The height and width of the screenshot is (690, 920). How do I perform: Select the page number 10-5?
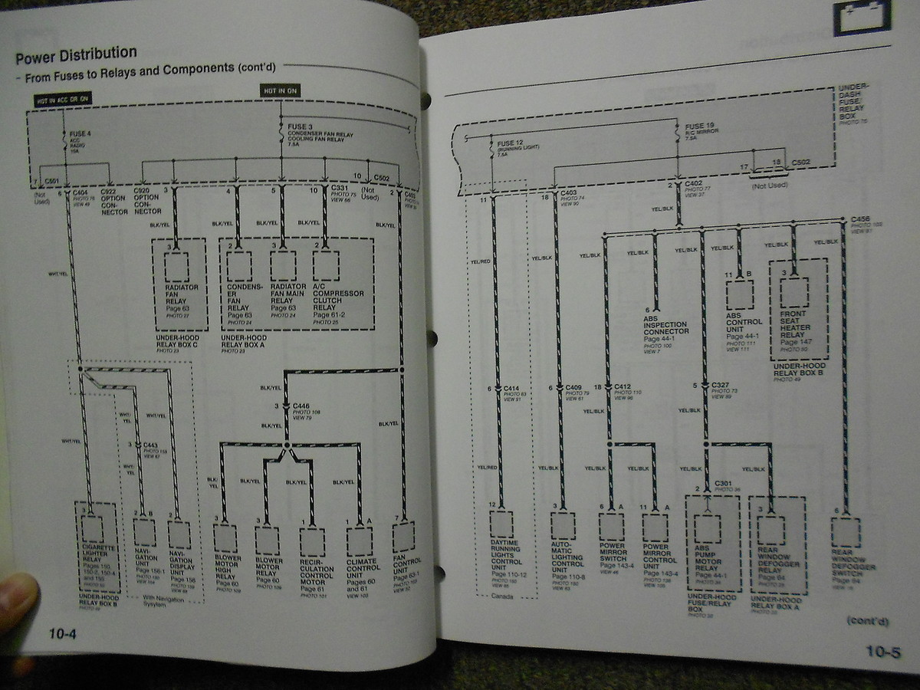(x=882, y=652)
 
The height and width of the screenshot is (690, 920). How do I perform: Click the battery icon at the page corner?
(x=863, y=17)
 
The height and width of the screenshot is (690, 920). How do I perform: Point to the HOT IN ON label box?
(x=281, y=90)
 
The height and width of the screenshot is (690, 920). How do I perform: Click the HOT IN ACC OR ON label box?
(x=63, y=99)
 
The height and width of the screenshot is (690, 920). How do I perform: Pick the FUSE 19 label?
(x=695, y=126)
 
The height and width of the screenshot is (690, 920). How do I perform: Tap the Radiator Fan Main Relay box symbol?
(x=282, y=265)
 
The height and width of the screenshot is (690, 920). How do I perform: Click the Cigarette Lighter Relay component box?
(x=92, y=530)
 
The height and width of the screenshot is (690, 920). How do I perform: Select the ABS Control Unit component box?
(x=739, y=294)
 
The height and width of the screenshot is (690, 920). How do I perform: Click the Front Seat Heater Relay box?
(x=794, y=292)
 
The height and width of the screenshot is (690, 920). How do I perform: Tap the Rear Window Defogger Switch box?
(x=845, y=531)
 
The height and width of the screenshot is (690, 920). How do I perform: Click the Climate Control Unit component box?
(x=360, y=540)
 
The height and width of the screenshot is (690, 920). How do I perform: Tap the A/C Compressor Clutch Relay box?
(x=326, y=265)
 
